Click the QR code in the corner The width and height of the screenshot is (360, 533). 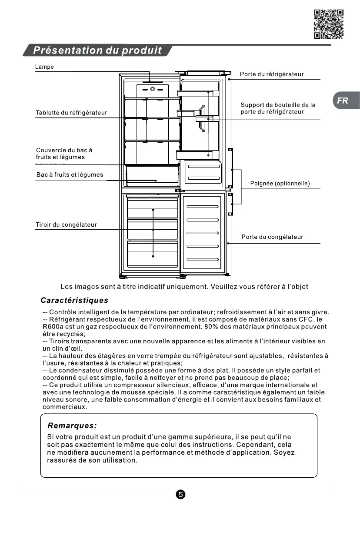(x=329, y=24)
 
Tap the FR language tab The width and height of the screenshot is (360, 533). (x=343, y=101)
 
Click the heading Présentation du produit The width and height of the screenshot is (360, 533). (x=97, y=50)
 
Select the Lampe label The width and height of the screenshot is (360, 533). (x=44, y=67)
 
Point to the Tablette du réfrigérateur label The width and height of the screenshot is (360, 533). (x=71, y=113)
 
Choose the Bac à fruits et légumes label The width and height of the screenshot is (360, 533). (x=70, y=175)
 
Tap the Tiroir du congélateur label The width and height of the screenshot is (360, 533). (x=66, y=225)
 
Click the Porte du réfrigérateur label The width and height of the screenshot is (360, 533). (x=272, y=74)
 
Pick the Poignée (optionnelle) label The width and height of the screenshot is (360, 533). (x=280, y=184)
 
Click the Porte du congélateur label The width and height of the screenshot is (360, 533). (x=272, y=237)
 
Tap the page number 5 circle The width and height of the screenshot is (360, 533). (x=181, y=495)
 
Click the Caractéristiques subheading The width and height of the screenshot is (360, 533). (x=74, y=301)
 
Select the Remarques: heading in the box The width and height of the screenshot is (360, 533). (x=72, y=425)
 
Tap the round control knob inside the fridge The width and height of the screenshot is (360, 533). (x=153, y=89)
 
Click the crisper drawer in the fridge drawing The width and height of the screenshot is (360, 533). (x=152, y=176)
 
